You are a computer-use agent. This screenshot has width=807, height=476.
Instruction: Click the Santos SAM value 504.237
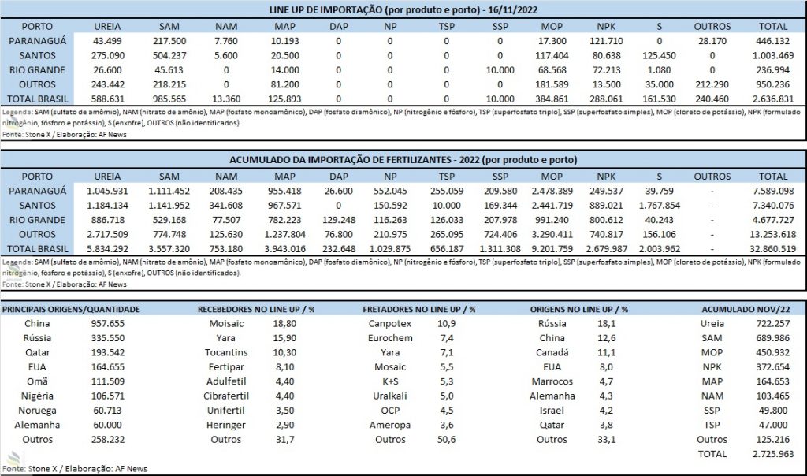click(x=169, y=56)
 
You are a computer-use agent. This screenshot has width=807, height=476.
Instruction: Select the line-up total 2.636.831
click(x=773, y=99)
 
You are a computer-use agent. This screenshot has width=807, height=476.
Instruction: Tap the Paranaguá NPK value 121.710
click(x=606, y=41)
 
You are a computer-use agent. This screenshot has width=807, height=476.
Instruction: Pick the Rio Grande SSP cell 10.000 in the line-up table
click(x=500, y=70)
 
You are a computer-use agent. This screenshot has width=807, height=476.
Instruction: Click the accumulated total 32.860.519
click(x=773, y=248)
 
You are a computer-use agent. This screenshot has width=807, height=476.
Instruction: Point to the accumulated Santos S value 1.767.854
click(x=660, y=206)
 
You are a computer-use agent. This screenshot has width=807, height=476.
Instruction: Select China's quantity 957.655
click(x=107, y=324)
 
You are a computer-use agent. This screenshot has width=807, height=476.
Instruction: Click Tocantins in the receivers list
click(x=226, y=352)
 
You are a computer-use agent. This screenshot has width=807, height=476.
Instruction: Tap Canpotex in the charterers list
click(x=390, y=324)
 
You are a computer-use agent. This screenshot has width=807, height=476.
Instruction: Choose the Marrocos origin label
click(x=552, y=381)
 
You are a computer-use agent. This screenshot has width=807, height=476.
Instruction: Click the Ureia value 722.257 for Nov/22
click(x=772, y=324)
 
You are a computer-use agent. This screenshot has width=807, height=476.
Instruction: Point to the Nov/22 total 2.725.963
click(x=773, y=454)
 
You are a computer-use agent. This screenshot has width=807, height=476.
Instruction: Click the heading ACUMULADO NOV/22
click(x=746, y=309)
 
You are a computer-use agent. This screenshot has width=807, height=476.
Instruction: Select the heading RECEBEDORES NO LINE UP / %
click(x=256, y=309)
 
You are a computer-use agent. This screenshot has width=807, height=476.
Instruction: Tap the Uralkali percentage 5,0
click(x=447, y=396)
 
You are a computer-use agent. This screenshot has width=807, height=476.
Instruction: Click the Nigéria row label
click(x=37, y=396)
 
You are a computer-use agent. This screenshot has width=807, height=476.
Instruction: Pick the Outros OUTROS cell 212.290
click(x=712, y=84)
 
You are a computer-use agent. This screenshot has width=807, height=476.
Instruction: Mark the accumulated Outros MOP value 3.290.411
click(x=552, y=234)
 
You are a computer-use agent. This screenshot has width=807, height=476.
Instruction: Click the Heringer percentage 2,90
click(x=284, y=425)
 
